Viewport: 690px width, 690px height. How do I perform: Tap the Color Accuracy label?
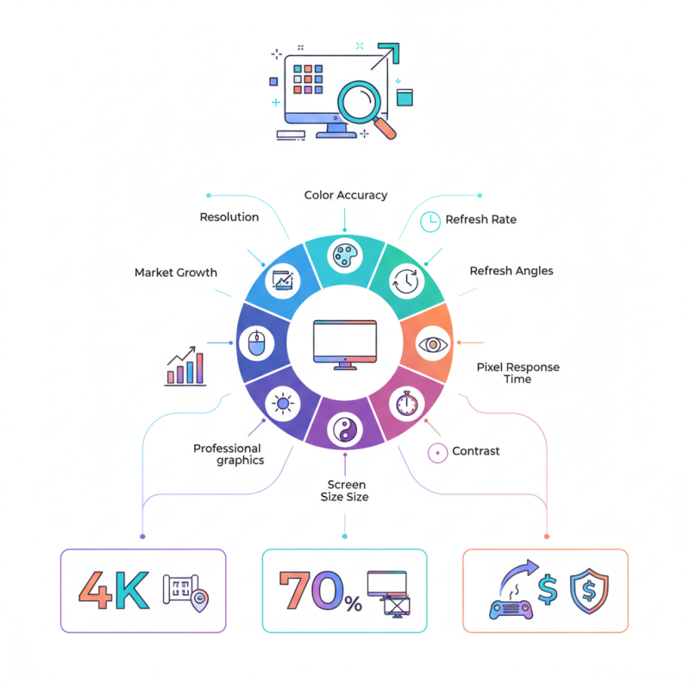pyautogui.click(x=345, y=195)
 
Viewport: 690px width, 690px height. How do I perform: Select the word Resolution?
pyautogui.click(x=229, y=217)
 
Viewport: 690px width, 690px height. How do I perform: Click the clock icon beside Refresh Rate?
pyautogui.click(x=429, y=221)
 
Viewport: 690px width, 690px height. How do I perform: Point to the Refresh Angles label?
pyautogui.click(x=511, y=271)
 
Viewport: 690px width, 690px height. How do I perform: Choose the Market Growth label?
pyautogui.click(x=176, y=273)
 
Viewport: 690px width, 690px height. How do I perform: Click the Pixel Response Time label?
pyautogui.click(x=517, y=373)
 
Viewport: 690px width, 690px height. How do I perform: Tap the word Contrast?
pyautogui.click(x=475, y=451)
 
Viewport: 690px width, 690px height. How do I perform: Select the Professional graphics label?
pyautogui.click(x=228, y=455)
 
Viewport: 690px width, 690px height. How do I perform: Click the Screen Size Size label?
pyautogui.click(x=345, y=491)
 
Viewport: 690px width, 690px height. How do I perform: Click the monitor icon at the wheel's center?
pyautogui.click(x=345, y=343)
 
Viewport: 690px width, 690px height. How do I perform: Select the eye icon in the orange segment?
pyautogui.click(x=430, y=344)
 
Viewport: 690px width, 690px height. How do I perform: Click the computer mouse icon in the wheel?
pyautogui.click(x=256, y=344)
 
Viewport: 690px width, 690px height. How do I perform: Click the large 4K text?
pyautogui.click(x=113, y=590)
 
